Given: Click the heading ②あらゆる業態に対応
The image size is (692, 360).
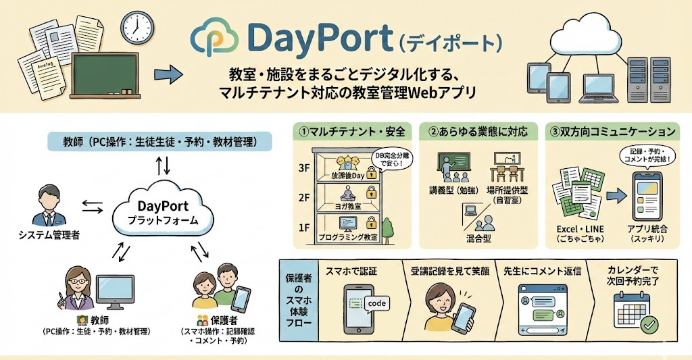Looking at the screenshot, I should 473,130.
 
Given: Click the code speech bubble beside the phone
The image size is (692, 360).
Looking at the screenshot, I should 377,303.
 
